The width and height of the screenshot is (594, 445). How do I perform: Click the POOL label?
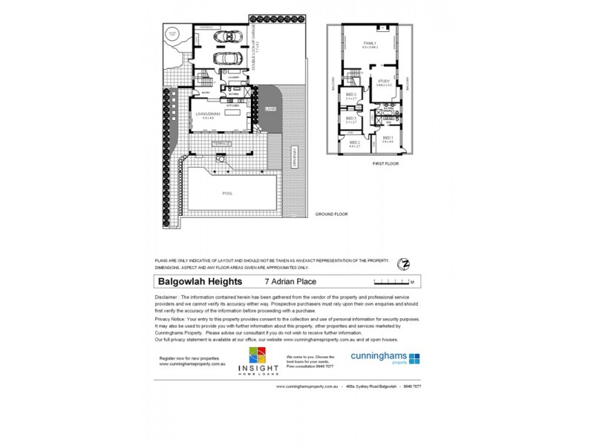tap(227, 193)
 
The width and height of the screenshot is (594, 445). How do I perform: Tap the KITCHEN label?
tap(233, 106)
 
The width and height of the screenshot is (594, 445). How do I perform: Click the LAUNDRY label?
tap(233, 76)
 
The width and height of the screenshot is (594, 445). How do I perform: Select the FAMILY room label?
tap(369, 44)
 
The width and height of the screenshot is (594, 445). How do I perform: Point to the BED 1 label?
tap(388, 138)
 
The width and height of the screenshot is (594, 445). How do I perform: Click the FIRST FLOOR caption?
tap(387, 163)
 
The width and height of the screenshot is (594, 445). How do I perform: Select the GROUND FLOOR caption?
tap(331, 214)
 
